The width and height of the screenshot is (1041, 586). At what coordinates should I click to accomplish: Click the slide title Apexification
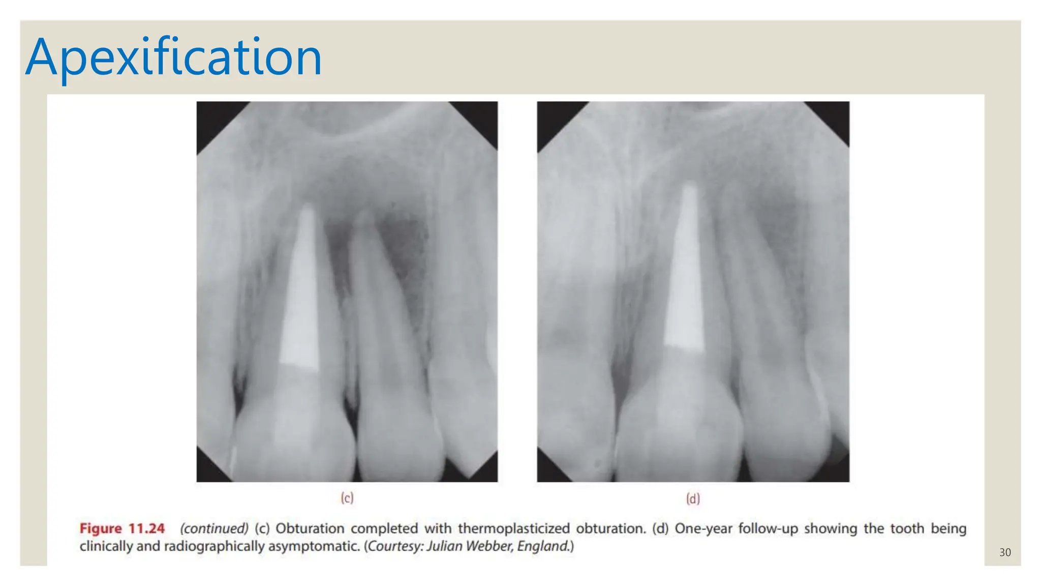pyautogui.click(x=173, y=57)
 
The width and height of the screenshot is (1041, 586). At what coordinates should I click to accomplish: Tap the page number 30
pyautogui.click(x=1004, y=552)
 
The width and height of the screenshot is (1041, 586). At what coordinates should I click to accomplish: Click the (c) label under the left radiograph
pyautogui.click(x=347, y=498)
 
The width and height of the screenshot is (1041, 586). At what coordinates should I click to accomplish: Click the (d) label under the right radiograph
pyautogui.click(x=693, y=499)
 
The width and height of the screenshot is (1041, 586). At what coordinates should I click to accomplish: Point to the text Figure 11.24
pyautogui.click(x=122, y=529)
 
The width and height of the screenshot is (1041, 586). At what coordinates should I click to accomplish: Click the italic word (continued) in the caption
pyautogui.click(x=214, y=529)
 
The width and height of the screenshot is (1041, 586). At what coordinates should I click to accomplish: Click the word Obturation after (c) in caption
pyautogui.click(x=310, y=529)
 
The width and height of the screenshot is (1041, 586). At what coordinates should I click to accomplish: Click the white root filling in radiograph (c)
pyautogui.click(x=301, y=295)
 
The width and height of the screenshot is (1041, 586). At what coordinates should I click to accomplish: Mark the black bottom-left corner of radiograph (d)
pyautogui.click(x=549, y=471)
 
